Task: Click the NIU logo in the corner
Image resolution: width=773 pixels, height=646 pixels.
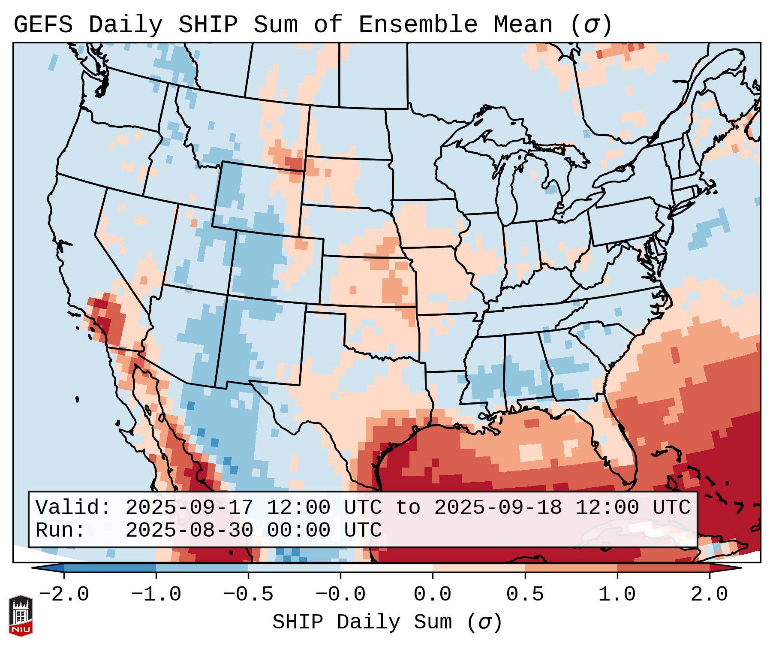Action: [x=21, y=616]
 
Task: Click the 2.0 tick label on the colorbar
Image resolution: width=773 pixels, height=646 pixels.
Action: [x=709, y=595]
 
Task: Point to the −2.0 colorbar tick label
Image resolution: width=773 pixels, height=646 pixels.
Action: [x=64, y=595]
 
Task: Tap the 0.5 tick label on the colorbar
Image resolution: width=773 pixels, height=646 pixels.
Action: [x=525, y=595]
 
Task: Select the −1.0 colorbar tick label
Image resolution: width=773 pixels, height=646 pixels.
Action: [x=156, y=595]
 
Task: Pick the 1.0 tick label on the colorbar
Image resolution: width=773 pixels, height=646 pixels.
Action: [x=617, y=595]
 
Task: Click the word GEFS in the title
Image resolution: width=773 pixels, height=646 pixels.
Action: [x=43, y=25]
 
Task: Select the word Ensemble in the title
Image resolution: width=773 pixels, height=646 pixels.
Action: [x=418, y=25]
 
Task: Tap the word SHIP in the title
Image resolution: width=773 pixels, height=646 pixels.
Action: [x=208, y=25]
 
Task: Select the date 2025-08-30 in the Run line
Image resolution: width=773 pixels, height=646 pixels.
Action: [x=189, y=530]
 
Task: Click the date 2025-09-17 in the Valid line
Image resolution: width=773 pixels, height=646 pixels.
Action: [x=189, y=507]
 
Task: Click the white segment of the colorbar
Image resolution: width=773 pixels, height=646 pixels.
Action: [x=386, y=568]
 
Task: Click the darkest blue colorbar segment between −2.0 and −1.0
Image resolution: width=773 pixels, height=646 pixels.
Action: [x=110, y=568]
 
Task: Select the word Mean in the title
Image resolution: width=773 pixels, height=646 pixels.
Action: [x=523, y=25]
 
